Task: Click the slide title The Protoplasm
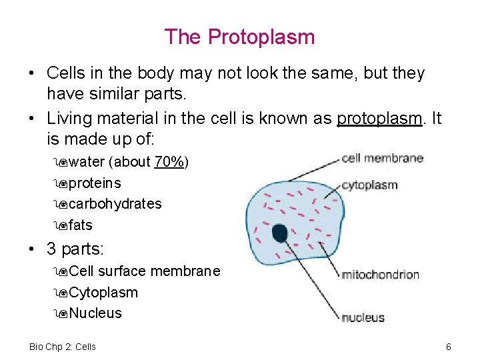[239, 37]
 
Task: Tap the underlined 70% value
[169, 162]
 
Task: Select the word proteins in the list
[95, 183]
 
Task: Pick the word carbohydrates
[115, 203]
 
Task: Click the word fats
[80, 225]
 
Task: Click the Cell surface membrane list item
[144, 271]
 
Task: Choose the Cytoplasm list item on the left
[103, 292]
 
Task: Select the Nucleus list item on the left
[95, 313]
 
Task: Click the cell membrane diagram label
[383, 158]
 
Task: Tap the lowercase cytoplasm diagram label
[369, 185]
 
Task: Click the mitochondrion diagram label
[380, 274]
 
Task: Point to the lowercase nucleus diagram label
[363, 317]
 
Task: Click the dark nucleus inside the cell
[280, 233]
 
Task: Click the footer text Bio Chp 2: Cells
[63, 347]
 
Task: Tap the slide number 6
[449, 347]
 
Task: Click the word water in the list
[86, 162]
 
